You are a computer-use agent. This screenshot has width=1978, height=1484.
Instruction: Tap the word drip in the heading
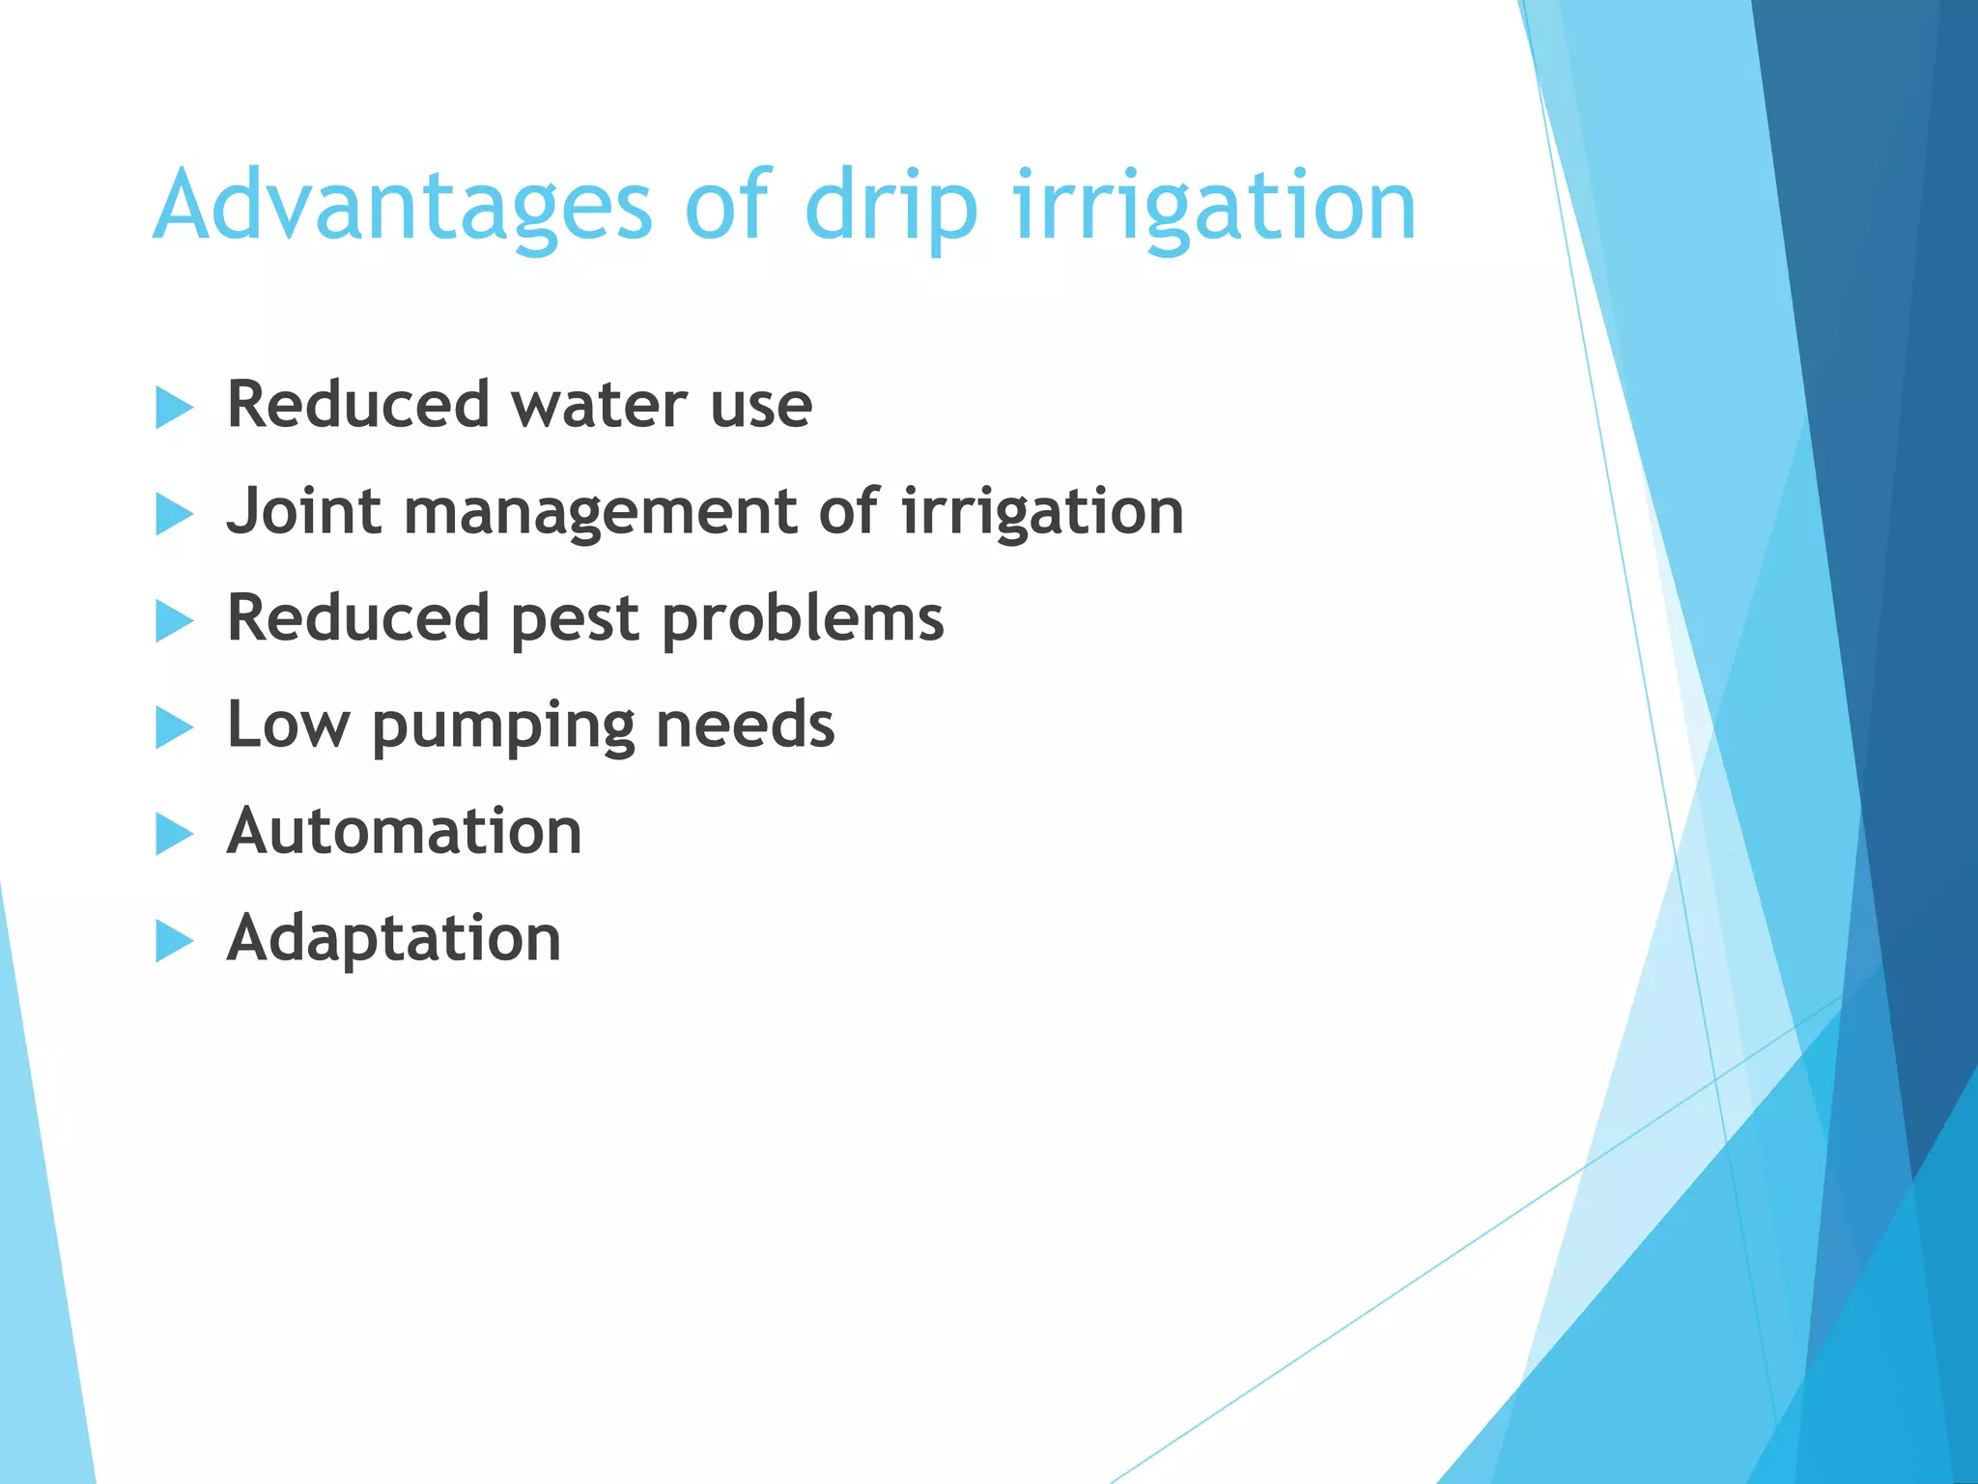890,208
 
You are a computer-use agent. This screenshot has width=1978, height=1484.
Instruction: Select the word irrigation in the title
1214,208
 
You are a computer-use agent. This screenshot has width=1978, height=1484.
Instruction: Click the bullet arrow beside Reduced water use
174,407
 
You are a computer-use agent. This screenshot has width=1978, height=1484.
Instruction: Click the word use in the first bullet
761,407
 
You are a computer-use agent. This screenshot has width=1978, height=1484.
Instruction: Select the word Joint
303,511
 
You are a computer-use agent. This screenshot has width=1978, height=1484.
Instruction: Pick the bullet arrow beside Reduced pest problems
174,621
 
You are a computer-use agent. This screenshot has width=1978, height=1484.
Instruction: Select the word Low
287,725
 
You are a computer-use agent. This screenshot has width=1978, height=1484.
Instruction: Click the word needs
745,725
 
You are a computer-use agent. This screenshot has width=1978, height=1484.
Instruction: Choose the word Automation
404,831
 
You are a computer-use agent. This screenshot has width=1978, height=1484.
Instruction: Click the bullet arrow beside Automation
174,835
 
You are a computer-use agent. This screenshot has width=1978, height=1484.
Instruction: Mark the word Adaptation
393,939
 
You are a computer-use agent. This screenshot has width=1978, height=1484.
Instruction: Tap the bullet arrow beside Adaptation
174,941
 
